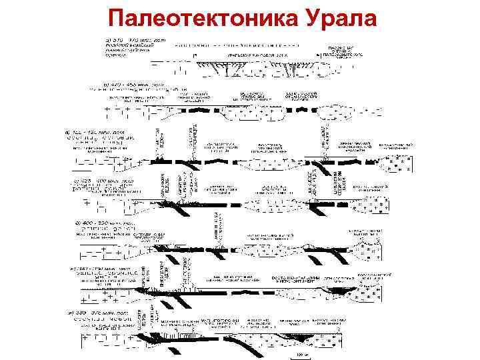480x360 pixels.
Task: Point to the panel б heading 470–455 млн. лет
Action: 137,85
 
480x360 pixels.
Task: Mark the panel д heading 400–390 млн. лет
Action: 107,221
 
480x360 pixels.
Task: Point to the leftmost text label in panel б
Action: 133,99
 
